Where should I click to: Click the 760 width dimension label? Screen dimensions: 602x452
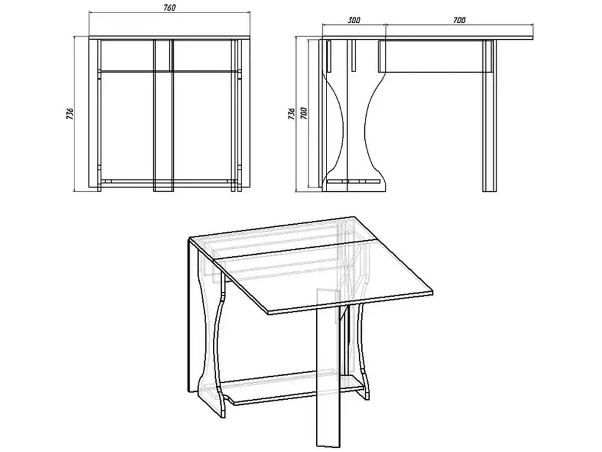[169, 7]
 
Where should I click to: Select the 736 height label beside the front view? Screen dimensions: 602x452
[70, 114]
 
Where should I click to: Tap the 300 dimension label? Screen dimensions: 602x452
[354, 20]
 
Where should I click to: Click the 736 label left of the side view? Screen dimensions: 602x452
[292, 114]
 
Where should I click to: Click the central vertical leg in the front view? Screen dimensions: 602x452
[163, 115]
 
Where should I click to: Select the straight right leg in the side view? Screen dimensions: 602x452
[490, 115]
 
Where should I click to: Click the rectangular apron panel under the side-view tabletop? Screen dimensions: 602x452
[436, 56]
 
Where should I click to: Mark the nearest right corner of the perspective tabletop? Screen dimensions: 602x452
[433, 292]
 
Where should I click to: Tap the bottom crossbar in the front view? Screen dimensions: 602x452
[169, 181]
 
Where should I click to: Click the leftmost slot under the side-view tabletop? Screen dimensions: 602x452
[329, 56]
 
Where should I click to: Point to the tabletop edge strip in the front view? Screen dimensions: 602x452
[169, 37]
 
